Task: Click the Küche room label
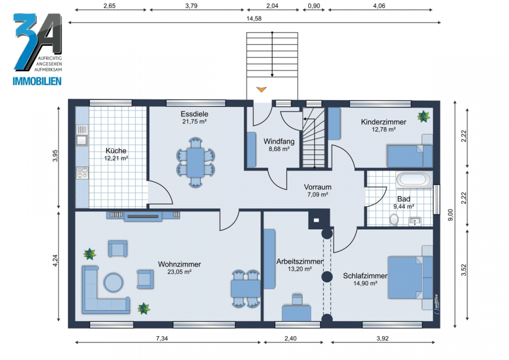point(116,151)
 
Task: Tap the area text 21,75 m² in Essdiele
point(195,122)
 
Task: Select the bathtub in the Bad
point(414,179)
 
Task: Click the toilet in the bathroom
point(394,219)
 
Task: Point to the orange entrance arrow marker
point(261,89)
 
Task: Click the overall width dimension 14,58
point(254,19)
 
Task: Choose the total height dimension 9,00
point(450,215)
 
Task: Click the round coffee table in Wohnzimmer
point(113,282)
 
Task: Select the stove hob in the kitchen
point(82,173)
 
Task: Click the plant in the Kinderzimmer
point(423,116)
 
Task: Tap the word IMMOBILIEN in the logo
point(37,81)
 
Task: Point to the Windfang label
point(279,142)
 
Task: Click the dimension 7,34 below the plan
point(162,338)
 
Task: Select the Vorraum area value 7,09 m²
point(317,195)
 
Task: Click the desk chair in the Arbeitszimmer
point(297,299)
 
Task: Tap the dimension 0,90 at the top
point(313,6)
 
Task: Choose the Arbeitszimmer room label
point(300,262)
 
